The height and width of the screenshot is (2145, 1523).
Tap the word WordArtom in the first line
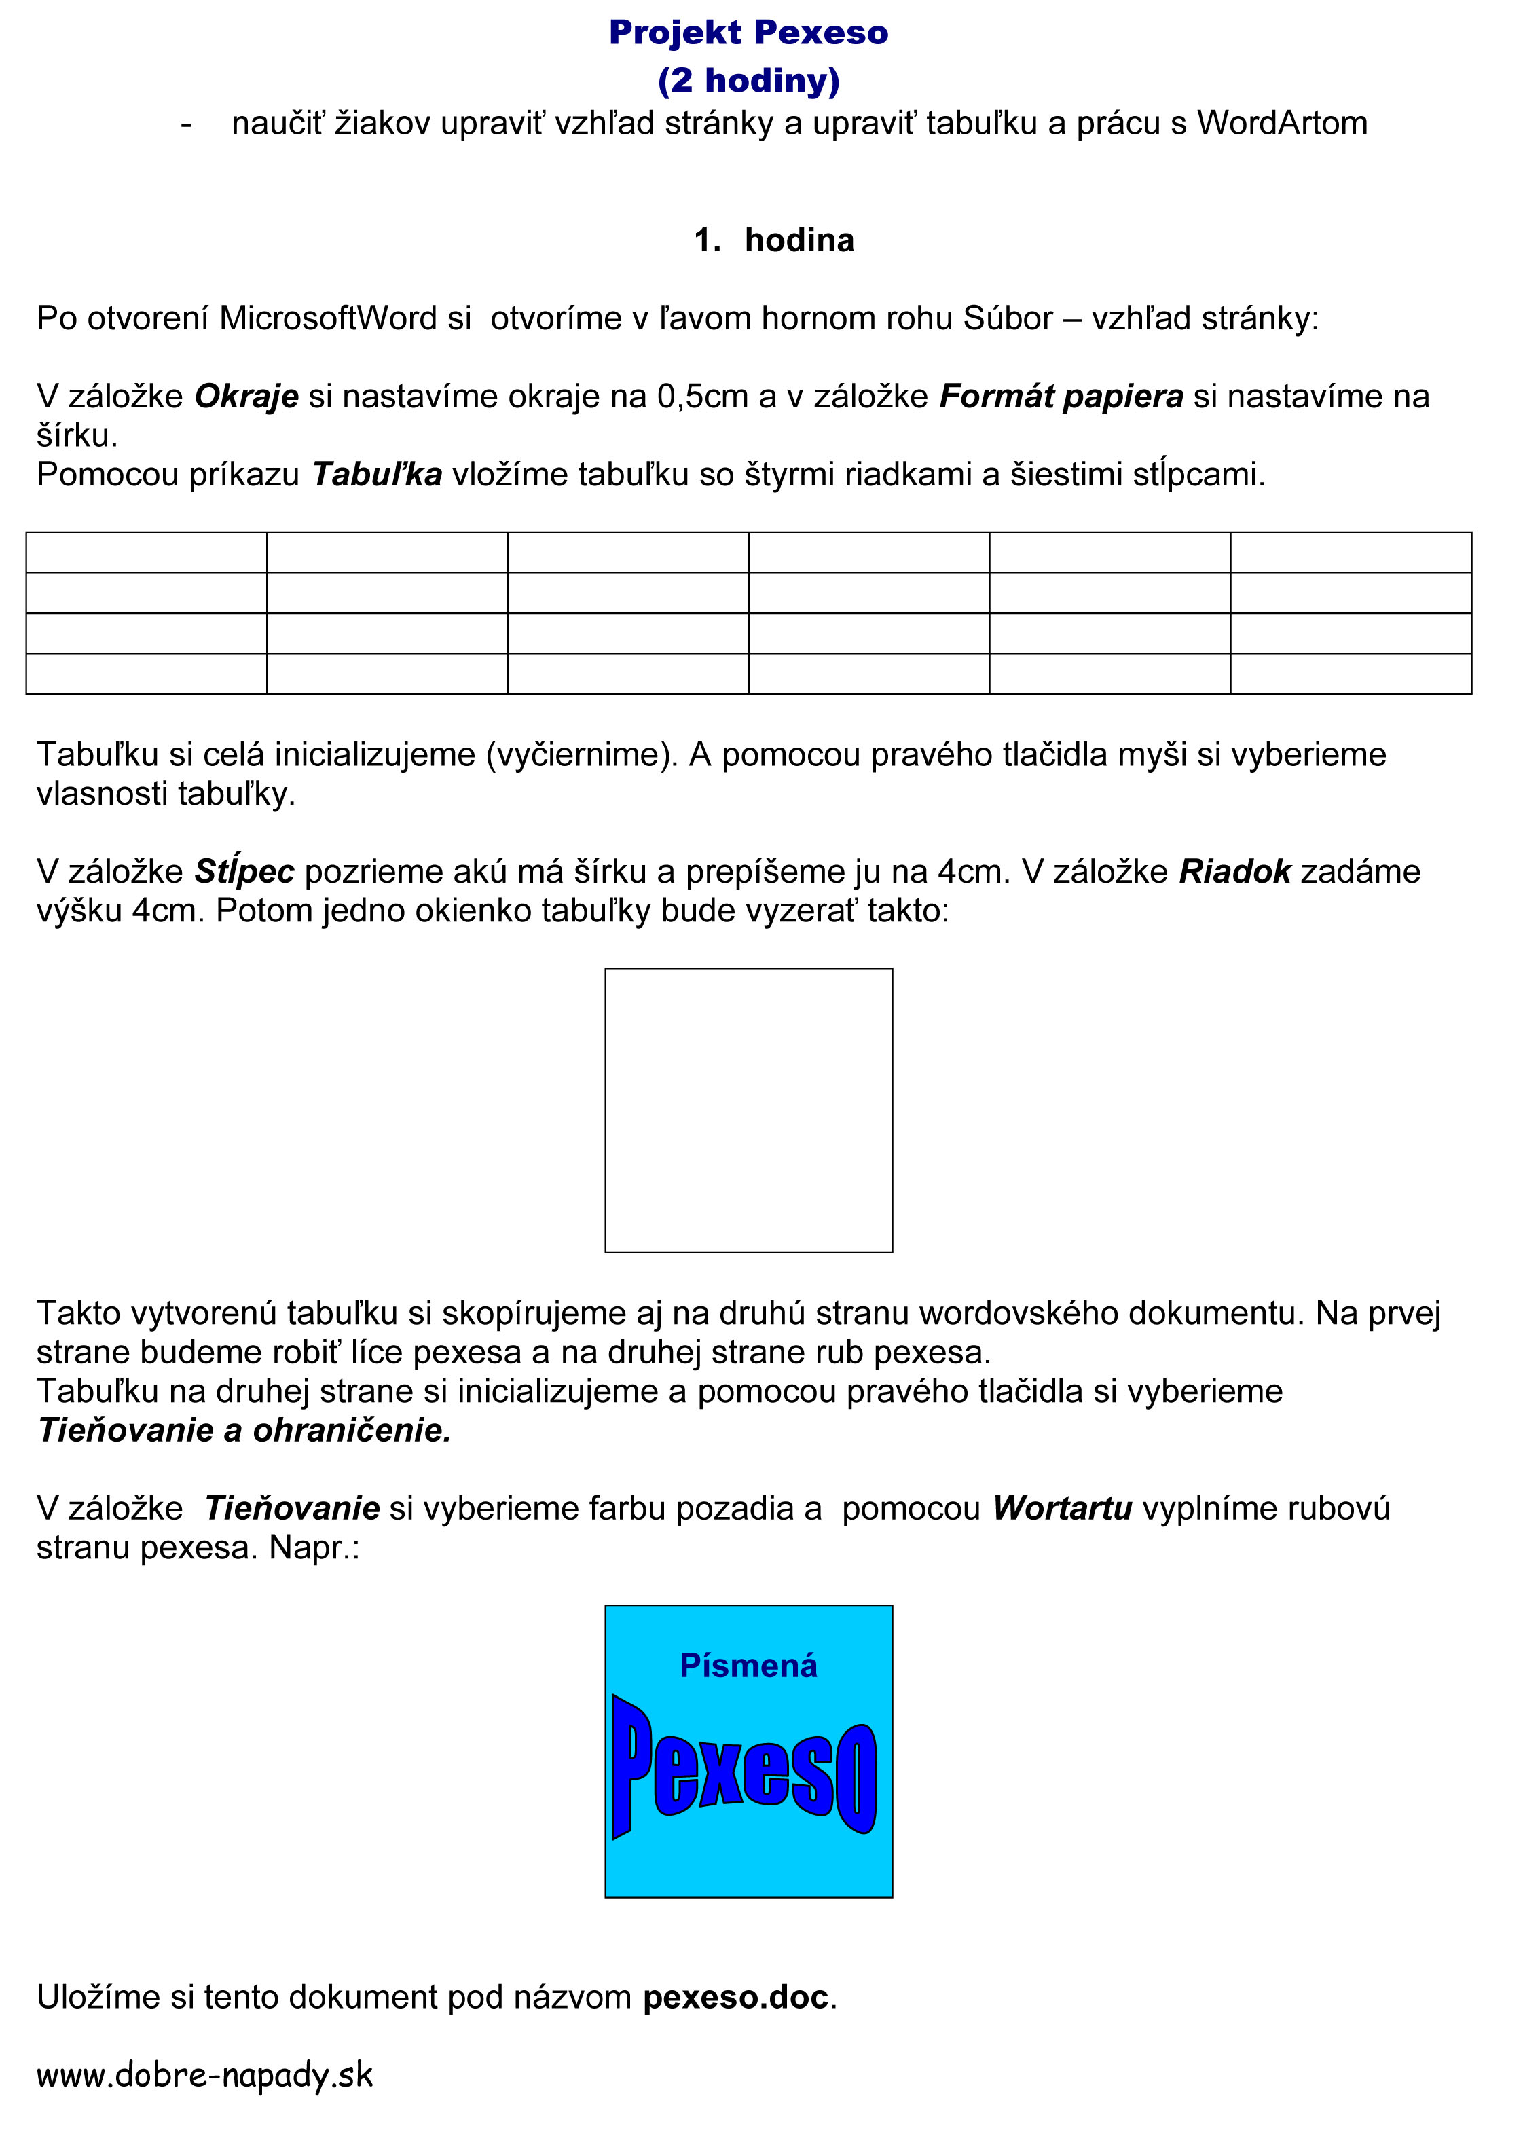coord(1281,124)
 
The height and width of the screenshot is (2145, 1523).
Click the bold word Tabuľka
coord(377,475)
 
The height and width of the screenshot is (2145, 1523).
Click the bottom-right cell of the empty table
coord(1351,674)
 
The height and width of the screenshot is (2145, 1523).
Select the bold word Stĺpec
coord(244,873)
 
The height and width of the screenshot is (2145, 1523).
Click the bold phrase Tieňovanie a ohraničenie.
coord(244,1430)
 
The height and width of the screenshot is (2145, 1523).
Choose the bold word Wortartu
coord(1063,1508)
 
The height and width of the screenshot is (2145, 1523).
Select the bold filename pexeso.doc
coord(736,1998)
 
